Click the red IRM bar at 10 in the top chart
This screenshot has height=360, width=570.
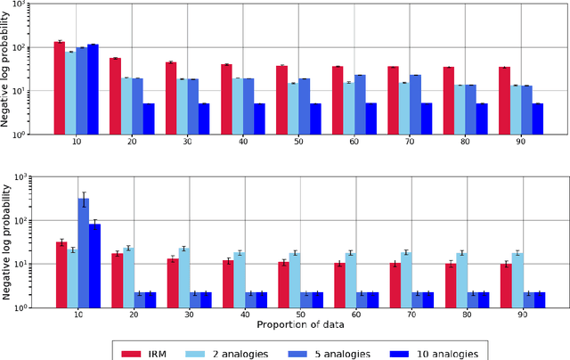tap(60, 87)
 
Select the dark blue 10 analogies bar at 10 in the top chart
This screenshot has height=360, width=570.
tap(93, 89)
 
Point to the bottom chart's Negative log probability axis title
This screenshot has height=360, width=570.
tap(7, 241)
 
